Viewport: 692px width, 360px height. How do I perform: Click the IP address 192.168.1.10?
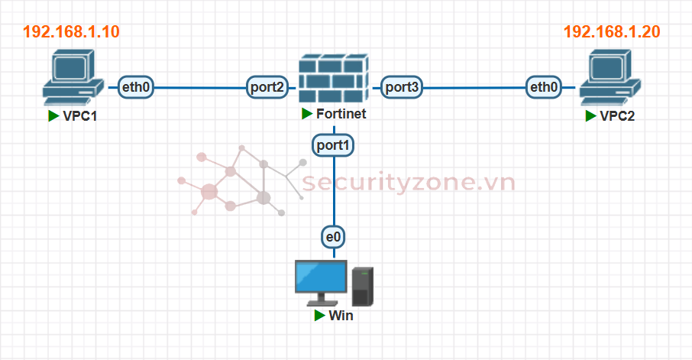[x=72, y=32]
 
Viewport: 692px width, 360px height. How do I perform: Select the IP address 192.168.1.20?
[x=612, y=32]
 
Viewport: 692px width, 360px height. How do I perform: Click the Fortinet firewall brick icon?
[x=331, y=79]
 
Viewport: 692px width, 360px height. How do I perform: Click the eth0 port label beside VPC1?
[x=137, y=88]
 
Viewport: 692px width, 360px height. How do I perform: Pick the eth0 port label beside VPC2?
[x=544, y=88]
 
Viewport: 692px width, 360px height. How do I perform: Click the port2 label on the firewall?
[x=267, y=88]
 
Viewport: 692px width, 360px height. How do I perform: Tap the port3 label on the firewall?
[x=402, y=88]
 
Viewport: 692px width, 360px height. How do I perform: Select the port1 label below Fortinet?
[x=333, y=144]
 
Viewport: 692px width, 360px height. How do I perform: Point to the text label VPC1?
[x=81, y=116]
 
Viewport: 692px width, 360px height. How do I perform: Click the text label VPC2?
[x=617, y=116]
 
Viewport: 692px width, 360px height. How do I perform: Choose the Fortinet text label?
[x=341, y=115]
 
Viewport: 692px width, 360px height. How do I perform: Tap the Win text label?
[x=341, y=316]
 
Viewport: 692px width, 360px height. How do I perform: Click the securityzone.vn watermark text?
[x=409, y=183]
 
